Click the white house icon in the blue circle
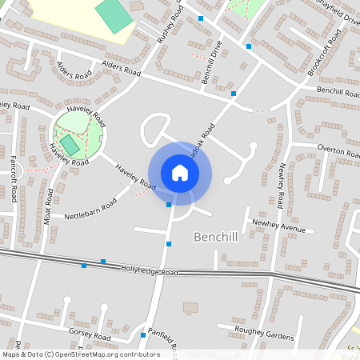tap(180, 173)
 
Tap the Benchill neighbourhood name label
tap(218, 238)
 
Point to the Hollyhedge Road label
tap(150, 271)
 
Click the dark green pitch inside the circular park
tap(70, 144)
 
